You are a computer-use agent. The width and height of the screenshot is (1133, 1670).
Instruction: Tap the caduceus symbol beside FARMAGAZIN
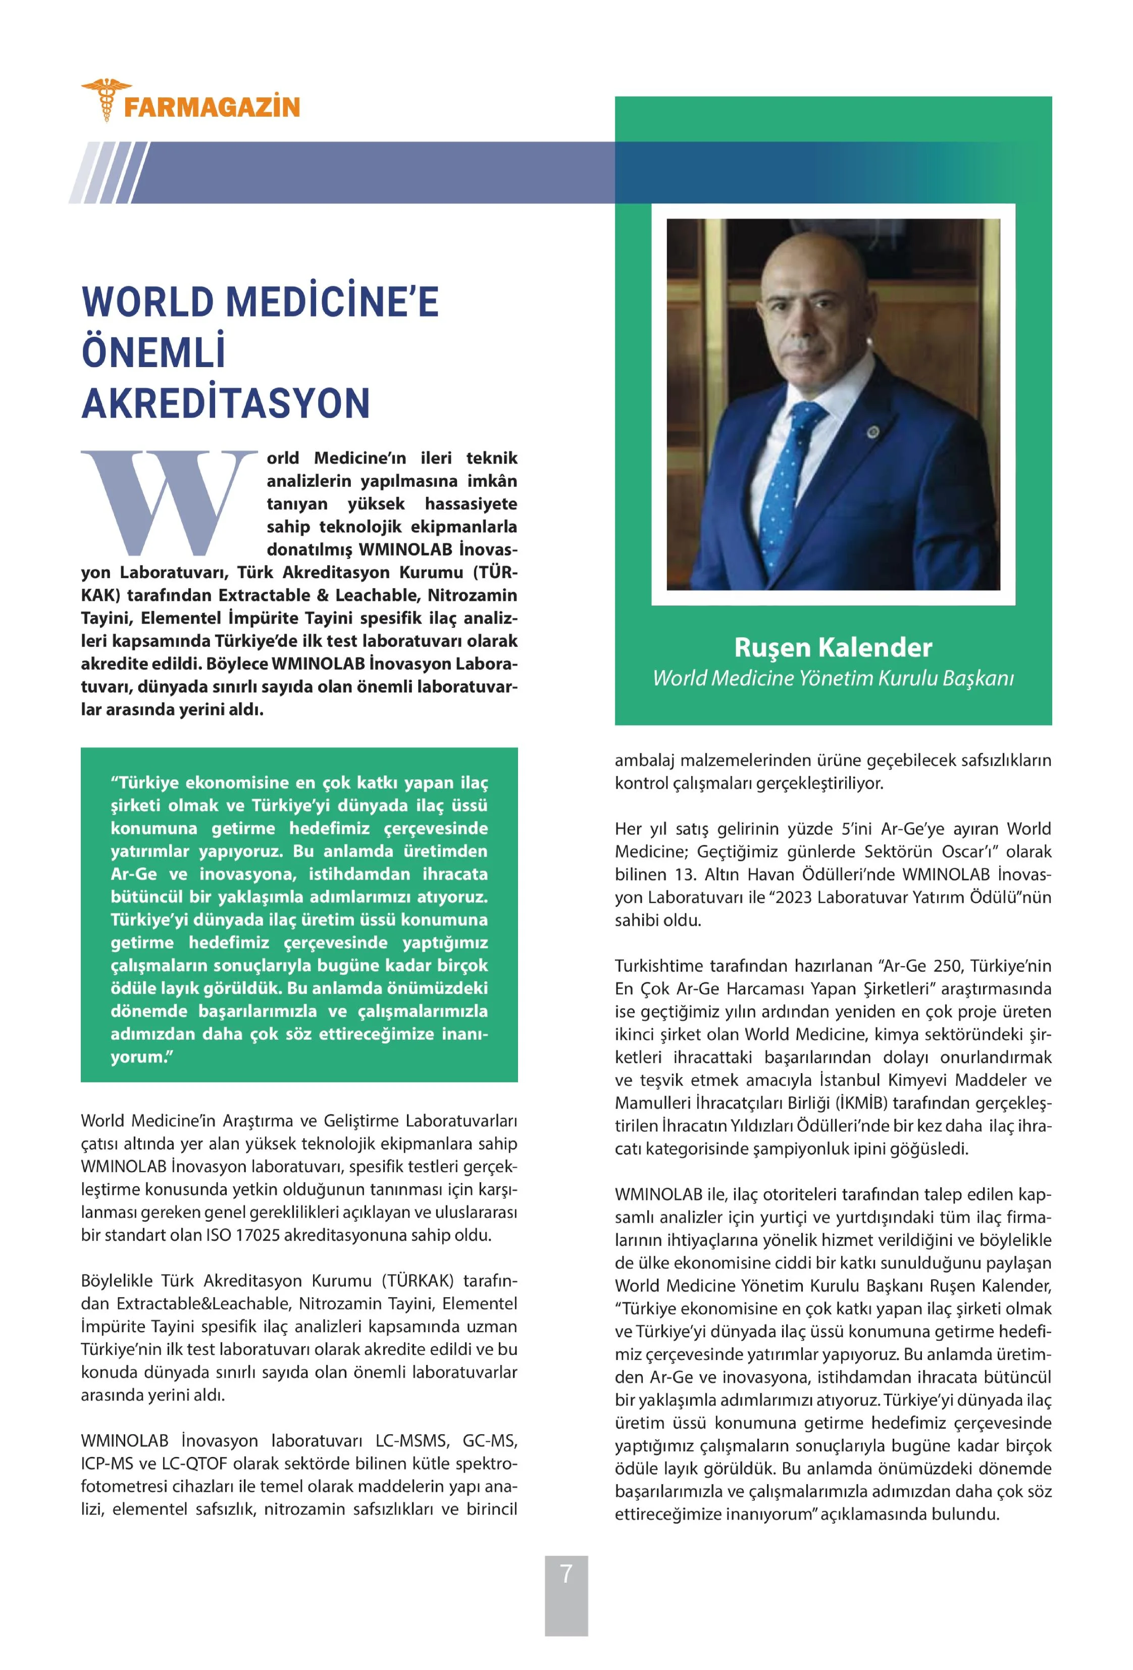click(106, 99)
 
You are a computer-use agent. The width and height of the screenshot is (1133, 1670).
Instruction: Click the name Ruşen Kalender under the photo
click(833, 647)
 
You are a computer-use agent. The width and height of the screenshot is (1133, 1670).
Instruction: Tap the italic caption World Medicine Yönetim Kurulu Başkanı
click(833, 678)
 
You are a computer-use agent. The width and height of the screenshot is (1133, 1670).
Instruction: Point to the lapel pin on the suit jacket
click(873, 432)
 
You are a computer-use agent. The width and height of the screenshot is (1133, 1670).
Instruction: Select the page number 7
click(566, 1573)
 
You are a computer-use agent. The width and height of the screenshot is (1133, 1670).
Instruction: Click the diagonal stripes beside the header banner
click(108, 173)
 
